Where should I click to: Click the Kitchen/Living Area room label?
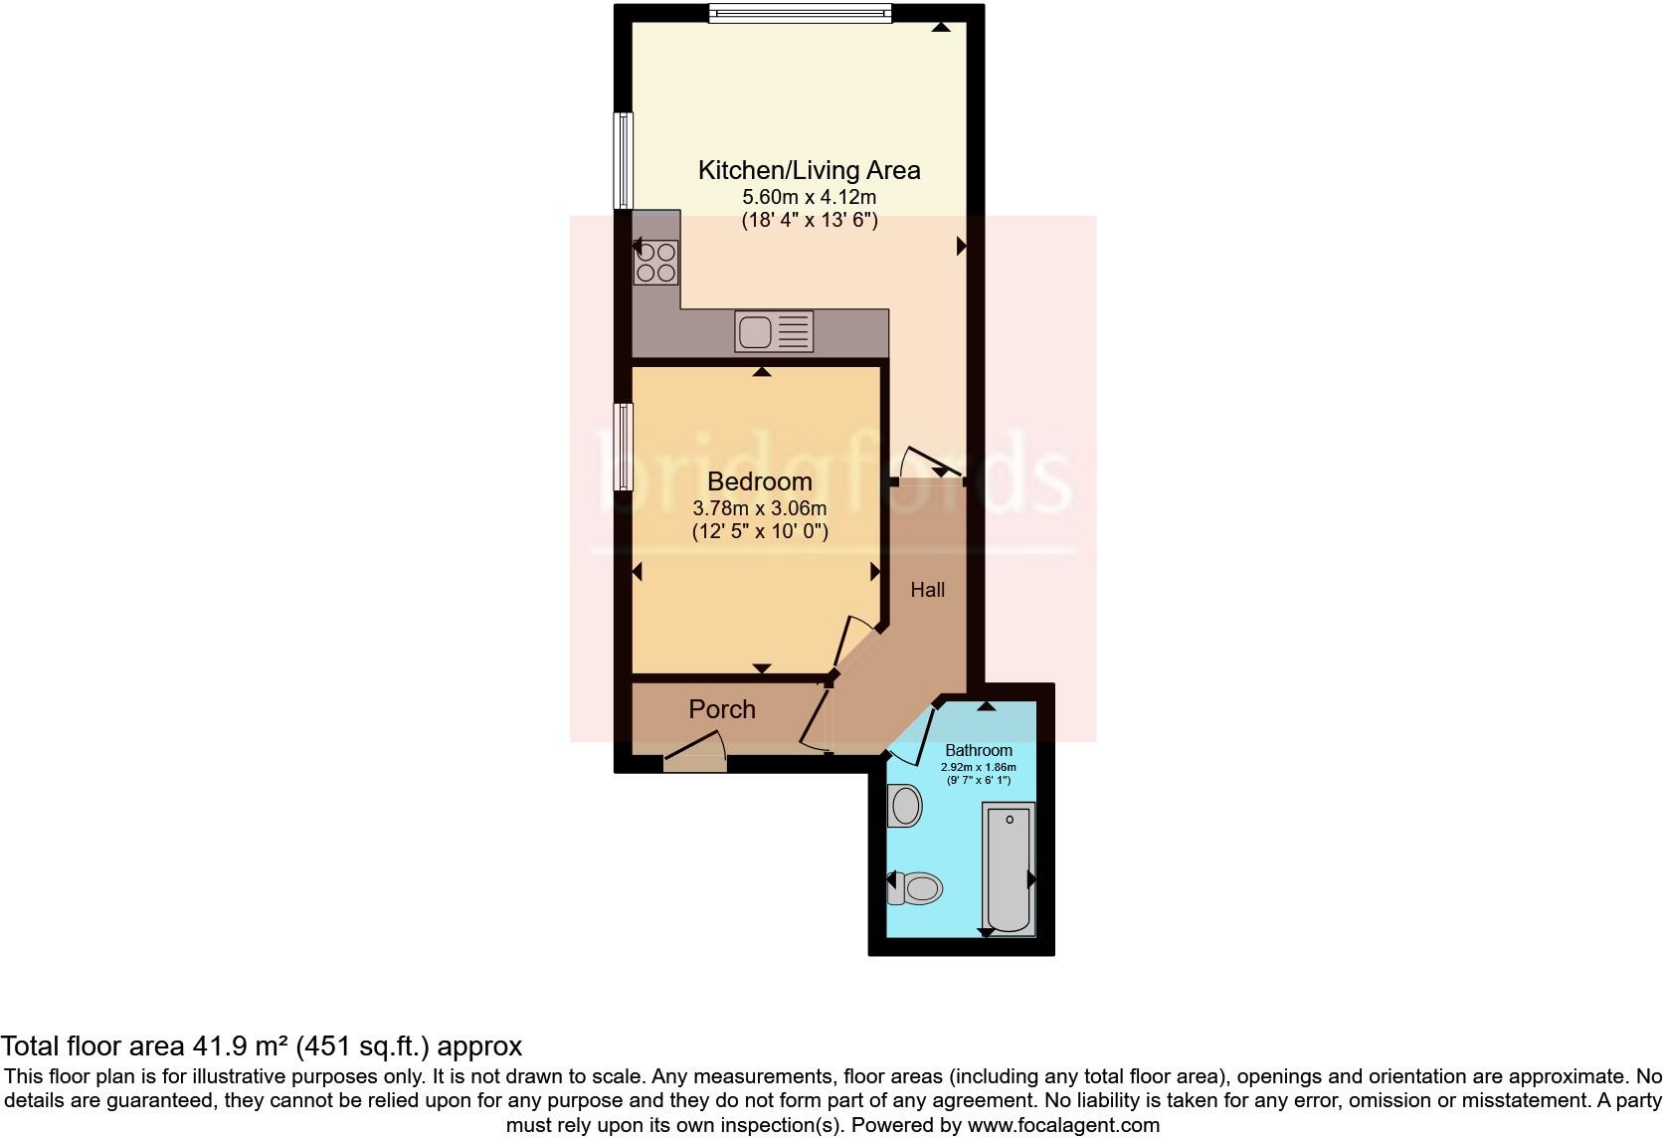click(809, 170)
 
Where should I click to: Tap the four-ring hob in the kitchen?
click(656, 263)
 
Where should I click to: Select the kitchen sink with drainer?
click(774, 331)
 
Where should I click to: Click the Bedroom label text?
click(760, 481)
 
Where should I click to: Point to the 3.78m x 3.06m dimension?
click(760, 508)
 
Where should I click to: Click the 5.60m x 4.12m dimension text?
click(809, 197)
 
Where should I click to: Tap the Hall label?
click(927, 590)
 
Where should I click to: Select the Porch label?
click(722, 709)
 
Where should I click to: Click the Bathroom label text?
click(979, 751)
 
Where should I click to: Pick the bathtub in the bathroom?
click(1009, 869)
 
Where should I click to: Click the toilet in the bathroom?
click(915, 887)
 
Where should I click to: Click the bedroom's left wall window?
click(623, 447)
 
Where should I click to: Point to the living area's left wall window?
click(623, 161)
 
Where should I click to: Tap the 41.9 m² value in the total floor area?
click(242, 1046)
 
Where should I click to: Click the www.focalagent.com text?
click(1063, 1126)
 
